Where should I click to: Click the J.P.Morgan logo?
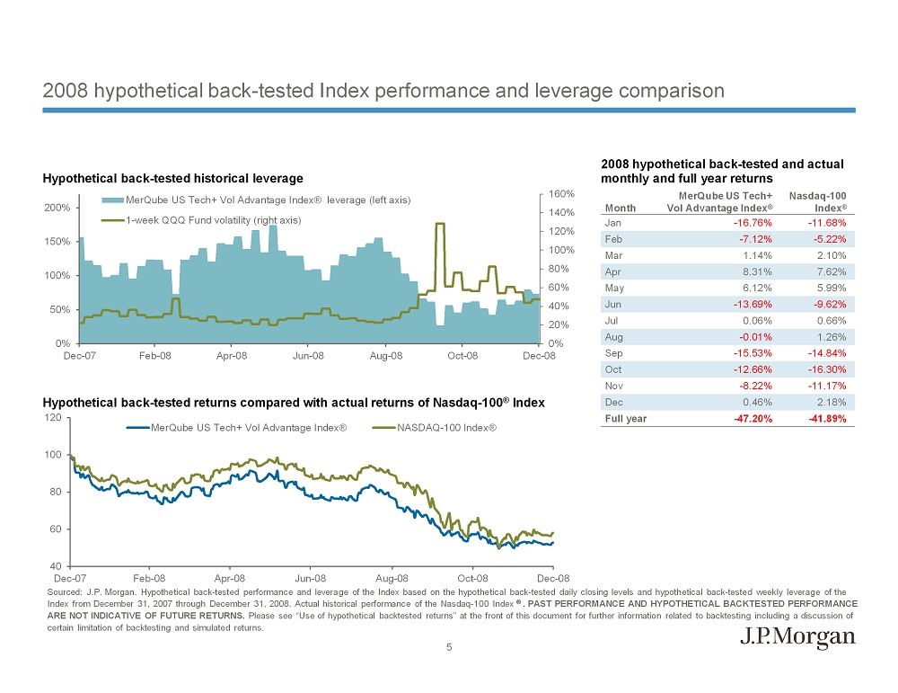coord(797,637)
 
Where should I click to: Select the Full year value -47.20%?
coord(753,418)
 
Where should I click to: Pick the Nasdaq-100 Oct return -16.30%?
coord(828,369)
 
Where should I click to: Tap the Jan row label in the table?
coord(613,223)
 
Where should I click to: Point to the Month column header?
coord(621,208)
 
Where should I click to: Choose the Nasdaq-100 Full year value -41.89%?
coord(827,418)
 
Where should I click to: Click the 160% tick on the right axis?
coord(562,194)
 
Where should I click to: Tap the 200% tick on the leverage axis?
coord(59,208)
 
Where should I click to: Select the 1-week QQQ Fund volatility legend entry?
coord(213,219)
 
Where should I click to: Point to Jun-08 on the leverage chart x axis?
coord(308,356)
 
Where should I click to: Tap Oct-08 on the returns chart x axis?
coord(473,578)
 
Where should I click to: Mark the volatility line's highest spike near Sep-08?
coord(440,224)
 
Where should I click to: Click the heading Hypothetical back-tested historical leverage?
coord(173,178)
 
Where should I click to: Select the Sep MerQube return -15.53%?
coord(753,353)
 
